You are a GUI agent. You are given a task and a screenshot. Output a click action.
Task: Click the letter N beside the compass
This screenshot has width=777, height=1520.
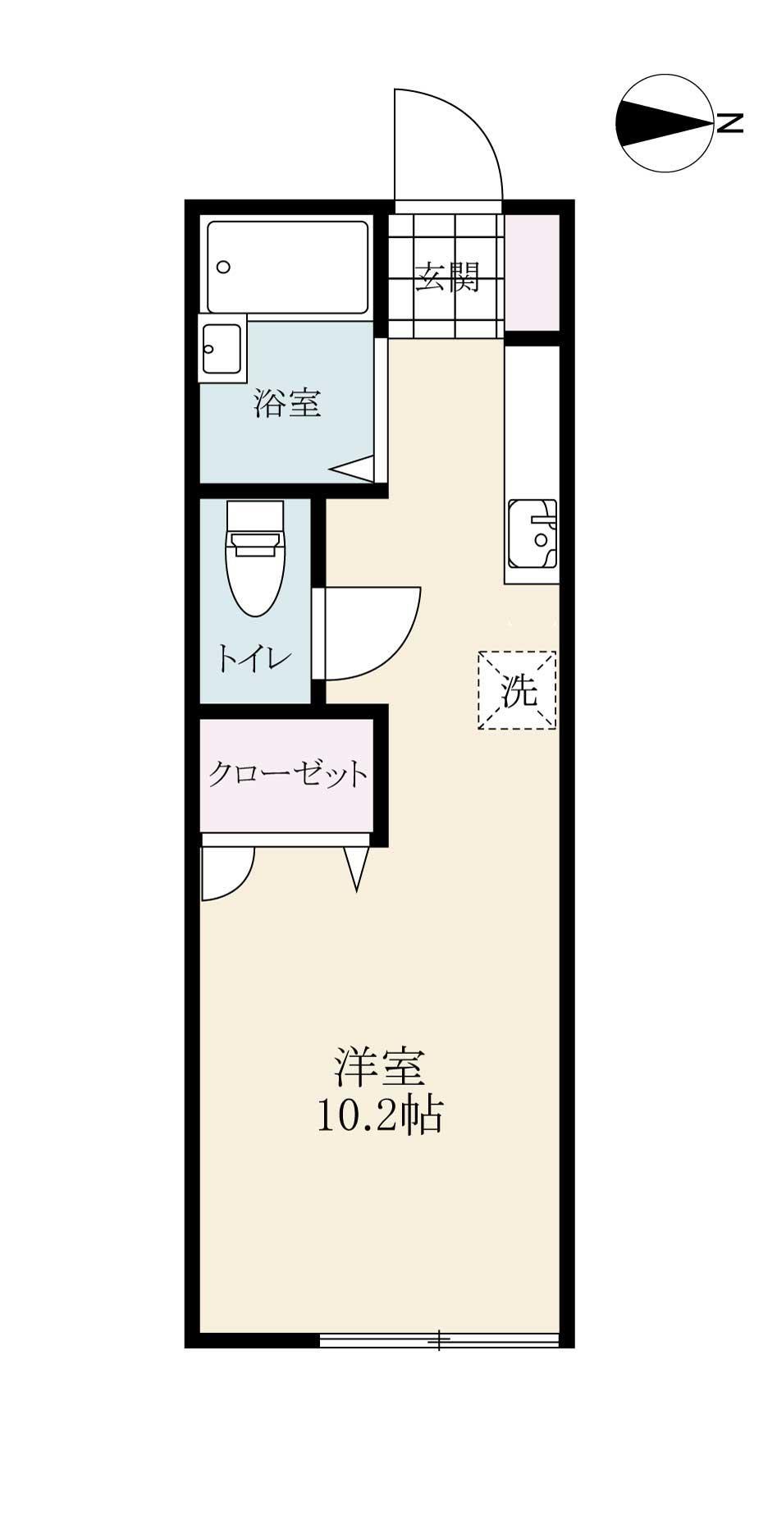pyautogui.click(x=729, y=123)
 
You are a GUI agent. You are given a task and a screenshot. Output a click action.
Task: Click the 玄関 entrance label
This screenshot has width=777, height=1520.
pyautogui.click(x=446, y=277)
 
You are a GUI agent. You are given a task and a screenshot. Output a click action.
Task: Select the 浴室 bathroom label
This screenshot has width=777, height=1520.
pyautogui.click(x=287, y=403)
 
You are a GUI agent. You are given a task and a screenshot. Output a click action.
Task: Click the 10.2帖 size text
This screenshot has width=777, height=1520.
pyautogui.click(x=379, y=1115)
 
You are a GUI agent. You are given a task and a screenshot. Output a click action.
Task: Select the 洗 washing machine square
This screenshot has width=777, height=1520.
pyautogui.click(x=518, y=690)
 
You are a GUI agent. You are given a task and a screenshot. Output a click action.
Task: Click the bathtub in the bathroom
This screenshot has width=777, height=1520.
pyautogui.click(x=287, y=267)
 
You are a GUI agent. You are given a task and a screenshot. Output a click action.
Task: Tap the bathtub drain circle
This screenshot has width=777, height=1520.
pyautogui.click(x=223, y=267)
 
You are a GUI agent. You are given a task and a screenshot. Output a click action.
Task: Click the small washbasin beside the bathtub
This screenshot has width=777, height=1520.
pyautogui.click(x=222, y=348)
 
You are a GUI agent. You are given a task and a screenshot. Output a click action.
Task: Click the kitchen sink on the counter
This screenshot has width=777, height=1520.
pyautogui.click(x=532, y=534)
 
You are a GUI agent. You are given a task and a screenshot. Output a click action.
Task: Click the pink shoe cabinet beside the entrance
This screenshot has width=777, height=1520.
pyautogui.click(x=532, y=271)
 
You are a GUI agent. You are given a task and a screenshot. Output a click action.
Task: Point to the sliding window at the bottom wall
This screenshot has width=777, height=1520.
pyautogui.click(x=439, y=1340)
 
